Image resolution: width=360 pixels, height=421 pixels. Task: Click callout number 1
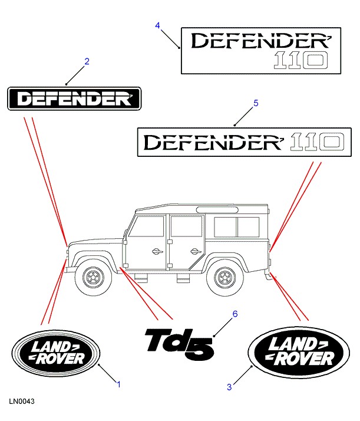click(x=118, y=384)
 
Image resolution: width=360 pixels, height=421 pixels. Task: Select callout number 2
click(x=87, y=61)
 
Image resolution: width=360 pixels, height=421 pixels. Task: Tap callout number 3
click(x=229, y=387)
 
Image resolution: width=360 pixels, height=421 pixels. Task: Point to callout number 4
click(x=157, y=25)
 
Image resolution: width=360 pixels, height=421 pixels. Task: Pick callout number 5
click(x=256, y=103)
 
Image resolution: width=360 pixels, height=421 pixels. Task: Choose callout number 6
click(x=235, y=314)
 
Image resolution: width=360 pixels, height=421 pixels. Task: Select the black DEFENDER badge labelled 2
click(x=74, y=98)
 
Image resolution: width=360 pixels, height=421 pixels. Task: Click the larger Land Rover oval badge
click(x=299, y=353)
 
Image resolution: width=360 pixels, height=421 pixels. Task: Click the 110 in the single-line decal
click(x=317, y=142)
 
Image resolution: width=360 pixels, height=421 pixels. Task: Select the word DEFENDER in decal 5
click(x=215, y=142)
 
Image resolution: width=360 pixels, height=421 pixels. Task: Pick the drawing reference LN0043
click(x=22, y=402)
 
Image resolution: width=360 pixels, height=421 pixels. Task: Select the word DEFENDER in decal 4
click(x=259, y=42)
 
